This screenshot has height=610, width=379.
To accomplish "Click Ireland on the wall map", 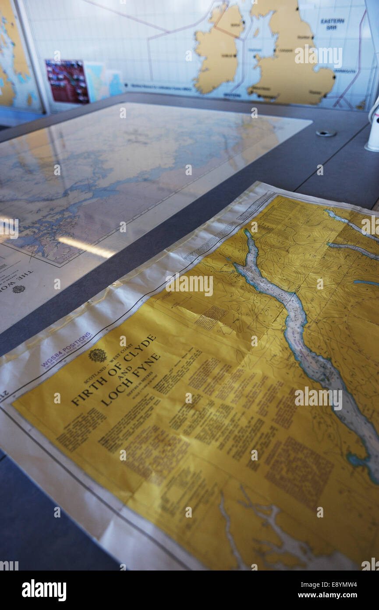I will tap(217, 50).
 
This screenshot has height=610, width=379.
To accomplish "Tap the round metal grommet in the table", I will tap(326, 133).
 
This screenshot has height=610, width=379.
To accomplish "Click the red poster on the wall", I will tap(67, 82).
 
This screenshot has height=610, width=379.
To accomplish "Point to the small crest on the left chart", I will tap(18, 289).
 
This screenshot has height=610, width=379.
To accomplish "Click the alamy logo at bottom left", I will tap(44, 590).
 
